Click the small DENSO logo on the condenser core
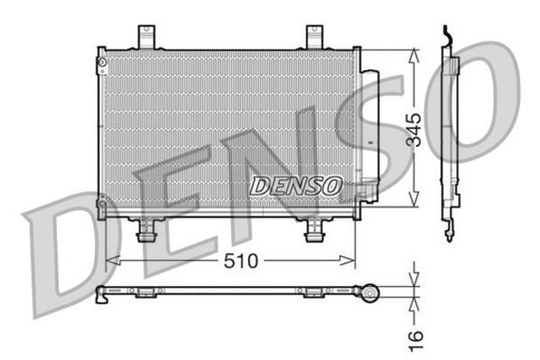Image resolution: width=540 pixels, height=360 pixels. coord(295,183)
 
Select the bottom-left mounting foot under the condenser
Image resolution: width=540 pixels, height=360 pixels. coord(148,229)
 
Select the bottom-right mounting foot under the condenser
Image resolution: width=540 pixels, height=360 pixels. coord(316,229)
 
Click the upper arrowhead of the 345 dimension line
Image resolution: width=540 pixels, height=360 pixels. coord(413,54)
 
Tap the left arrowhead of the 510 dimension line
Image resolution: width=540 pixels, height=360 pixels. coord(110,261)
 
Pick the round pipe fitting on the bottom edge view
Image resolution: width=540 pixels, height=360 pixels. coord(369,292)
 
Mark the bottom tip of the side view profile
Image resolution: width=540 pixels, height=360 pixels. coord(449,239)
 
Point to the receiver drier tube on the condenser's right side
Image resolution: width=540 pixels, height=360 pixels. coord(369,135)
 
